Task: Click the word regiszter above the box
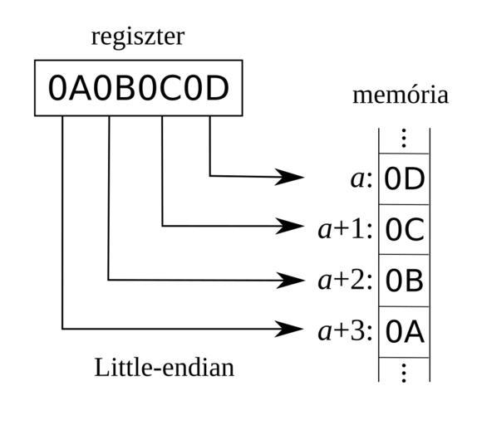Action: (x=138, y=37)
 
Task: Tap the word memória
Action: (x=401, y=95)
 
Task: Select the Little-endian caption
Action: (x=165, y=368)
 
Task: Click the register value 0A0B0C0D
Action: (x=139, y=88)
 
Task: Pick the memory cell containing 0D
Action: (x=405, y=179)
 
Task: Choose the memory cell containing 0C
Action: (x=405, y=229)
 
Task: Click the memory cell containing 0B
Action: (x=405, y=281)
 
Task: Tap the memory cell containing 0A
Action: (x=405, y=332)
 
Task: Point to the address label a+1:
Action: (x=345, y=230)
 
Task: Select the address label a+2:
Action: (x=345, y=281)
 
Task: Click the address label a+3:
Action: (x=345, y=332)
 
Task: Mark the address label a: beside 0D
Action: (x=361, y=179)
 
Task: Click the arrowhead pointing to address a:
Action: (x=289, y=177)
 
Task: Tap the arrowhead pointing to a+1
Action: (x=289, y=226)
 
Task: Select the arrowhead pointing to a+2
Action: (x=289, y=280)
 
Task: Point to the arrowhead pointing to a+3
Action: (x=289, y=329)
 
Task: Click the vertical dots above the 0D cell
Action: (x=404, y=139)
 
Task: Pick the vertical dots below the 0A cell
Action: (x=404, y=373)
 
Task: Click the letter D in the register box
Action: (x=217, y=88)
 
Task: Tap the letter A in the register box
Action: (x=80, y=88)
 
